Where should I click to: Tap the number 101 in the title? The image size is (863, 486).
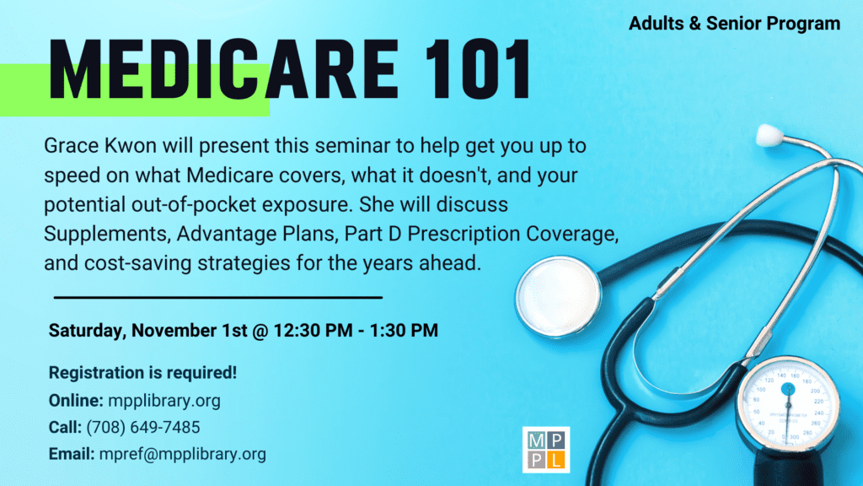478,69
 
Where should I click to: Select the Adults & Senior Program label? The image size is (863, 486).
734,24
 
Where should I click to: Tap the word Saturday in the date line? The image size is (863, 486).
88,331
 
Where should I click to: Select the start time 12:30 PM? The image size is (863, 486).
313,330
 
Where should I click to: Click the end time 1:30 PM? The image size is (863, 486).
404,330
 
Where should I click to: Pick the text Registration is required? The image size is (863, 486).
142,372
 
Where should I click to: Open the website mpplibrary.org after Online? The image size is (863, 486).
164,401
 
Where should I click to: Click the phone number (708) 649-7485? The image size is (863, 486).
143,427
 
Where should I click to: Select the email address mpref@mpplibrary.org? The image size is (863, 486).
183,454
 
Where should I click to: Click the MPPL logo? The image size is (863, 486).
546,450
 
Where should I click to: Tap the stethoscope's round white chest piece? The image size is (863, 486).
558,296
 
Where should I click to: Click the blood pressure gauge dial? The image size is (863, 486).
788,405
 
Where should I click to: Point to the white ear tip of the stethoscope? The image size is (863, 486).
769,135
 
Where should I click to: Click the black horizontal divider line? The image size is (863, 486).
218,298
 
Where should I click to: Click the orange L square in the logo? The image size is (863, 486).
556,460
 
